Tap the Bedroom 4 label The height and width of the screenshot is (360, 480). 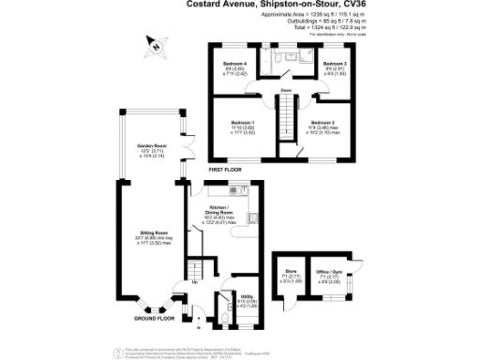tap(235, 64)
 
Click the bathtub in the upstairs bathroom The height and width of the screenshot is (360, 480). tap(302, 57)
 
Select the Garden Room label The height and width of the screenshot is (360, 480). tap(152, 147)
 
